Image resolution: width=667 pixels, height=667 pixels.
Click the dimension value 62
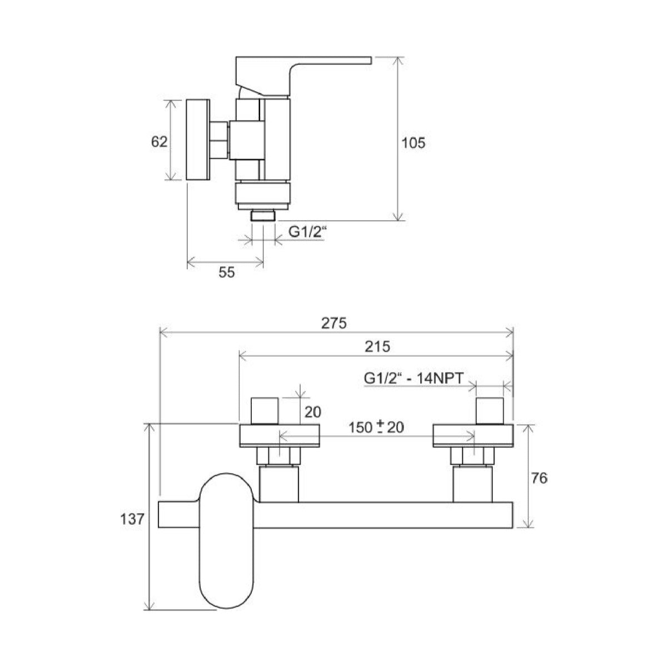[159, 142]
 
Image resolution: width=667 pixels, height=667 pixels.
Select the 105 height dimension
[413, 143]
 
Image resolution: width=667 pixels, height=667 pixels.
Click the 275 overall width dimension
[335, 322]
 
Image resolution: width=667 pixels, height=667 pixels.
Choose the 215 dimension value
[378, 346]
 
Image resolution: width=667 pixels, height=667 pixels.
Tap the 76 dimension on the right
[539, 477]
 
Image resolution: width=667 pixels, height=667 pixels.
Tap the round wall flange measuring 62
[198, 140]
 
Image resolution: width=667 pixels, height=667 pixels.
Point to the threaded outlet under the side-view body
[263, 216]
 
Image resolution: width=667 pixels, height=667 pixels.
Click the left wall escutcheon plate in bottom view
[280, 435]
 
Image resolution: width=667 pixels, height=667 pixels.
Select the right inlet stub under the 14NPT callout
[490, 411]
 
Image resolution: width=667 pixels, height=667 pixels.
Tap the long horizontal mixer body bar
[384, 515]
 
